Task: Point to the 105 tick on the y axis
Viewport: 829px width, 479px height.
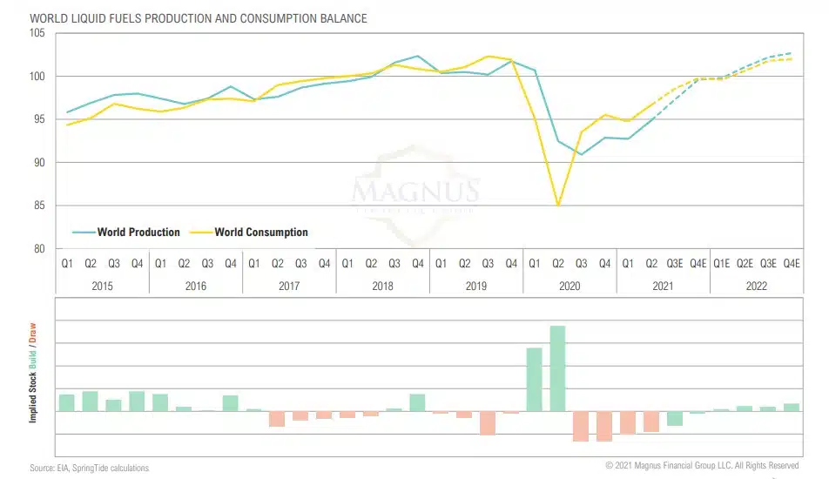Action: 39,33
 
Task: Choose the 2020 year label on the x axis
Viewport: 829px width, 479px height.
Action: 570,285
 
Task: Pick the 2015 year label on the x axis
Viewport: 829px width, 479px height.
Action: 102,285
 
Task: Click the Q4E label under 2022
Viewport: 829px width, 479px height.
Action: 792,263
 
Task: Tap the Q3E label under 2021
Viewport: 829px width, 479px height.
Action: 675,263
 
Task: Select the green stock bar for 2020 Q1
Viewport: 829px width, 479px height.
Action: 535,379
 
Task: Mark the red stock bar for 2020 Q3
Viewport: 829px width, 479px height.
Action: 581,426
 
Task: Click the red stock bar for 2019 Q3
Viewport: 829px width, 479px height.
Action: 488,422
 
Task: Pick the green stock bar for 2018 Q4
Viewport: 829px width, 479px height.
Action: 417,402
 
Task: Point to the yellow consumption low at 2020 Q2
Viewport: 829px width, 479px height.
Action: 558,205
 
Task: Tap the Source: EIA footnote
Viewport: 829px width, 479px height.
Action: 90,469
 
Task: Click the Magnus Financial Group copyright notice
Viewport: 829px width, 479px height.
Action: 702,466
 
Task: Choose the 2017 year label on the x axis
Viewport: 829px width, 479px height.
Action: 289,285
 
